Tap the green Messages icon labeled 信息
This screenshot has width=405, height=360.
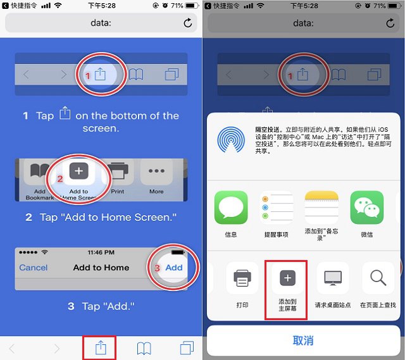(231, 208)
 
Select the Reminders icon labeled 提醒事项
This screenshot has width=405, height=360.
(276, 208)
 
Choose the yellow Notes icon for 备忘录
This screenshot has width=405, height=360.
(321, 208)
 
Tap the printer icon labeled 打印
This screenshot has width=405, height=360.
(242, 278)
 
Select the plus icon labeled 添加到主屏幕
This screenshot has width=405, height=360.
(287, 278)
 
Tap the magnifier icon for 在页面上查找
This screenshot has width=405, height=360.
(378, 278)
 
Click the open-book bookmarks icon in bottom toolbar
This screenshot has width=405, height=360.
(144, 347)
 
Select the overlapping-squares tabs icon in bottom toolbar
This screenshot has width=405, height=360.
(187, 347)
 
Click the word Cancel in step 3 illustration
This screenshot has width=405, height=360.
(34, 268)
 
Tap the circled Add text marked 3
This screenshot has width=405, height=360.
(173, 268)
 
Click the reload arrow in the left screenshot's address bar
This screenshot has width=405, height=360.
(187, 23)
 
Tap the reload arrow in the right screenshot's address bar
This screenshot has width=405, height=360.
(390, 23)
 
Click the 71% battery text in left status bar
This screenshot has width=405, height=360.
(177, 6)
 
